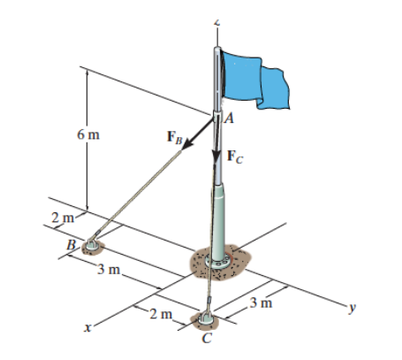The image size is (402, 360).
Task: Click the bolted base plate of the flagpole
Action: click(216, 263)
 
